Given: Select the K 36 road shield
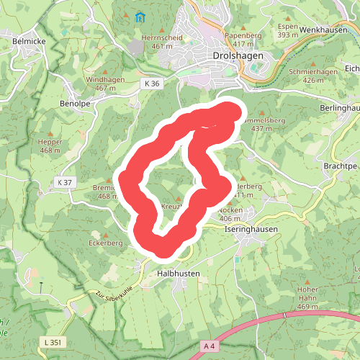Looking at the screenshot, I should [x=151, y=84].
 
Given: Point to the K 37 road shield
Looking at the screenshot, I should [x=65, y=183].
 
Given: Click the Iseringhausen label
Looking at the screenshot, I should [x=251, y=228].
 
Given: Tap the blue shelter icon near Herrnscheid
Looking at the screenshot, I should [x=140, y=16].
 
